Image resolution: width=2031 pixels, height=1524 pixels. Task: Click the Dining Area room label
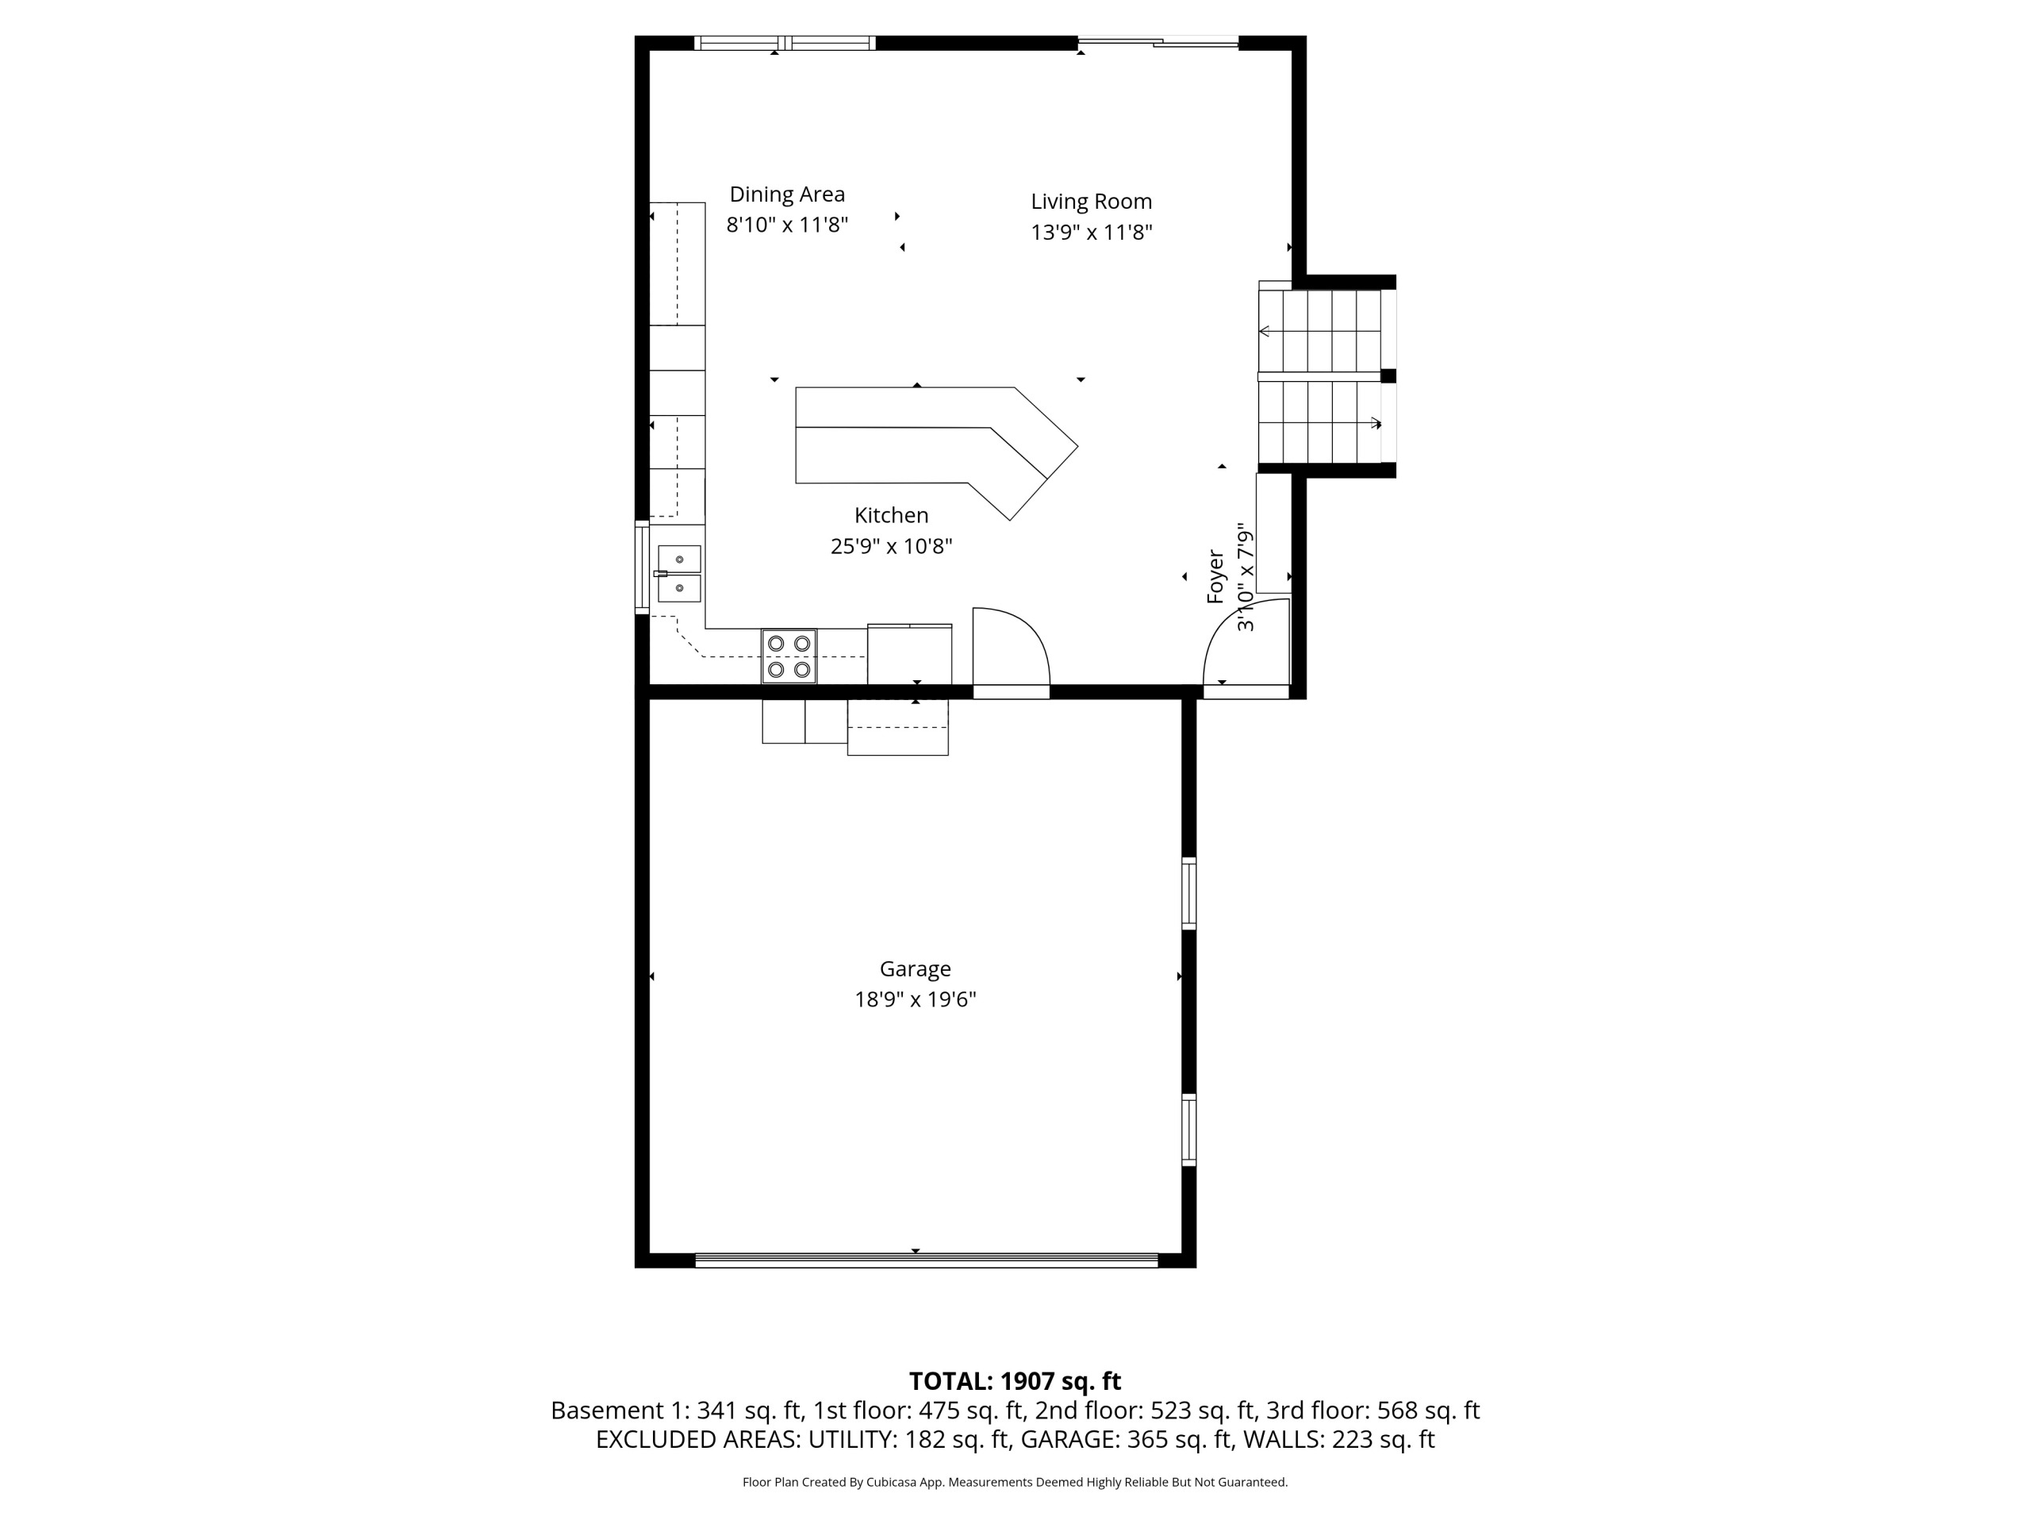(x=787, y=194)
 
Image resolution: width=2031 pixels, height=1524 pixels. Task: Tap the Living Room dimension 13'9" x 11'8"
(x=1091, y=233)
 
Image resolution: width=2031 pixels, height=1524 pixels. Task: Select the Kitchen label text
(x=891, y=515)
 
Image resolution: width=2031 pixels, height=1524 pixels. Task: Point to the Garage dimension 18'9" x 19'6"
(x=915, y=999)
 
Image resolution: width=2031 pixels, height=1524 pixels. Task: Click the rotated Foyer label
(x=1215, y=577)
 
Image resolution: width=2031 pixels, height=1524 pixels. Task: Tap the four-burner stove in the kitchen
(x=789, y=656)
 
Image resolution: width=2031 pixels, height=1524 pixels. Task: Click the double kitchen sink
(x=679, y=573)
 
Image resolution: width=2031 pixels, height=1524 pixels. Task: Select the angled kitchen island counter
(x=936, y=450)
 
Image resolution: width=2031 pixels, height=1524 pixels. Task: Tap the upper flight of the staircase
(x=1319, y=331)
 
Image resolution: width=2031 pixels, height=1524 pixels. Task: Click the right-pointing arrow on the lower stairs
(x=1376, y=424)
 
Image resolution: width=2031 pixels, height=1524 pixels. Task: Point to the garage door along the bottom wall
(x=927, y=1260)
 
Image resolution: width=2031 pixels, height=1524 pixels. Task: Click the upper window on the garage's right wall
(x=1188, y=893)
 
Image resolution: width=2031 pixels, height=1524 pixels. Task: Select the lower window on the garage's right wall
(x=1188, y=1130)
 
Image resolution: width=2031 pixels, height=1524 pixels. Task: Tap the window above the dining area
(x=785, y=42)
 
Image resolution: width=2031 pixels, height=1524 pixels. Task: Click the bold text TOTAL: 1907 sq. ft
(x=1015, y=1382)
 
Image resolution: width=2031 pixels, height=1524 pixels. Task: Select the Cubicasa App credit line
(x=1015, y=1482)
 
